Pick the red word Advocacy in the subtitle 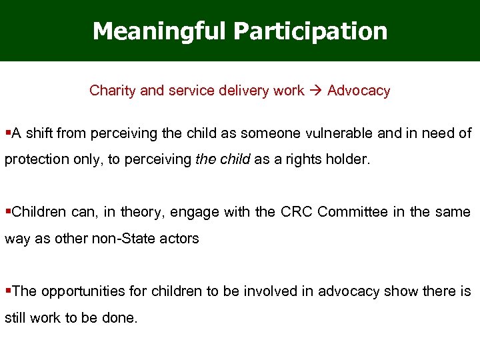pos(359,91)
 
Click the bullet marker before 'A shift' pos(7,133)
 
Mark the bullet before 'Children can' pos(7,212)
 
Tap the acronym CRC pos(295,212)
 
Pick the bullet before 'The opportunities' pos(7,291)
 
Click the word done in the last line pos(120,318)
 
